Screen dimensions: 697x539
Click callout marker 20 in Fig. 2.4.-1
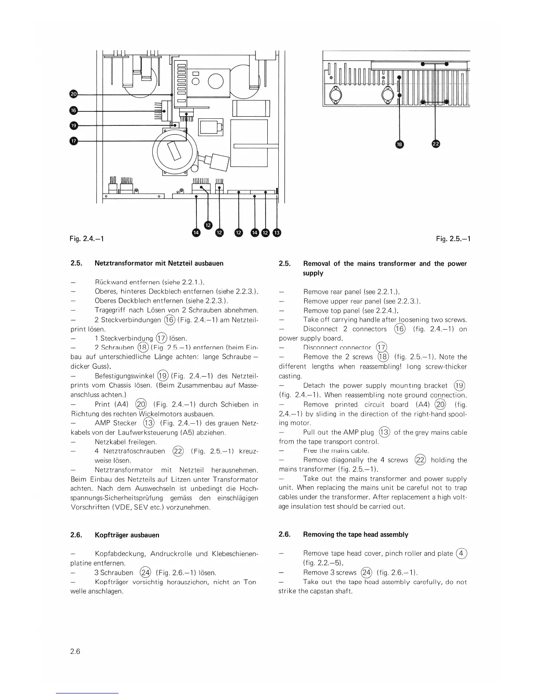coord(74,94)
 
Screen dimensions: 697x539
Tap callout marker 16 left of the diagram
coord(74,110)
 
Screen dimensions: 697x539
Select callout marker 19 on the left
coord(74,126)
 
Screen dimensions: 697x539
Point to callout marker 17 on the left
coord(74,141)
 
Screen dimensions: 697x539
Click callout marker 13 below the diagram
coord(277,232)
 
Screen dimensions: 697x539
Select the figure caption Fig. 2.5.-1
coord(453,238)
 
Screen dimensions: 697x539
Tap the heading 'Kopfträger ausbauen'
coord(127,535)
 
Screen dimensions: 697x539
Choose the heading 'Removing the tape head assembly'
coord(355,535)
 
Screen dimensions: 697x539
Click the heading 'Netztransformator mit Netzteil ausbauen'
coord(159,263)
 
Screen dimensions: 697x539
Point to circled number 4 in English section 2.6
coord(461,553)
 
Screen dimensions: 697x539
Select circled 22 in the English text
coord(420,460)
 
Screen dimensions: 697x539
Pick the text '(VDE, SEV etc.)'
coord(140,507)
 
